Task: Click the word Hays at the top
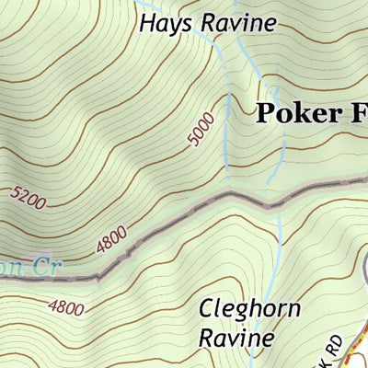tap(160, 23)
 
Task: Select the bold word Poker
tap(293, 113)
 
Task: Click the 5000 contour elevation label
tap(200, 129)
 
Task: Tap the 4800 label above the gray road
tap(111, 241)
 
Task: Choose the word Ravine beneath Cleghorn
tap(236, 338)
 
